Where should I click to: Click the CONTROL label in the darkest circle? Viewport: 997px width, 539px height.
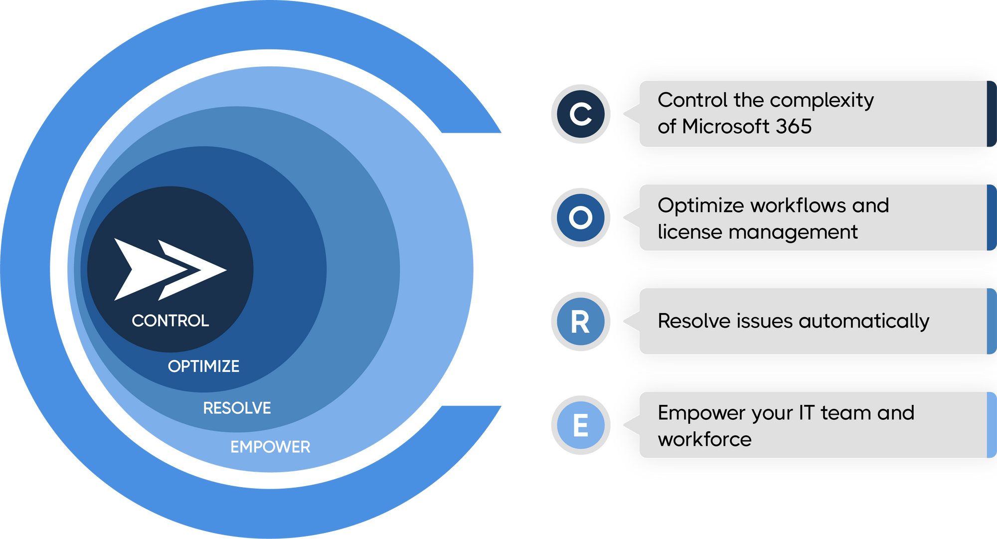pyautogui.click(x=170, y=321)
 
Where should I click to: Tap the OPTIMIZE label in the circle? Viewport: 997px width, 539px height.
pyautogui.click(x=203, y=366)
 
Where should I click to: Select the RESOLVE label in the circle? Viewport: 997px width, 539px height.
pyautogui.click(x=237, y=408)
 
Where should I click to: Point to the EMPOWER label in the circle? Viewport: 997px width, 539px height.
pyautogui.click(x=270, y=447)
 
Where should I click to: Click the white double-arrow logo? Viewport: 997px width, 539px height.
pyautogui.click(x=170, y=269)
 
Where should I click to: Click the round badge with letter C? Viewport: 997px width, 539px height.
pyautogui.click(x=580, y=114)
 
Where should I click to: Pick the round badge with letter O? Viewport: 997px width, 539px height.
pyautogui.click(x=580, y=218)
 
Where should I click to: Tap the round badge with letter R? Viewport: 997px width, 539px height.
pyautogui.click(x=580, y=322)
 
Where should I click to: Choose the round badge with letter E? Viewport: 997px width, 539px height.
pyautogui.click(x=580, y=425)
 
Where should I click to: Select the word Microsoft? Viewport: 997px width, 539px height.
pyautogui.click(x=725, y=127)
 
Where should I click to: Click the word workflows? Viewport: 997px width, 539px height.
pyautogui.click(x=798, y=205)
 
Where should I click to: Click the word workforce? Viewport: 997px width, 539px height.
pyautogui.click(x=704, y=440)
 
